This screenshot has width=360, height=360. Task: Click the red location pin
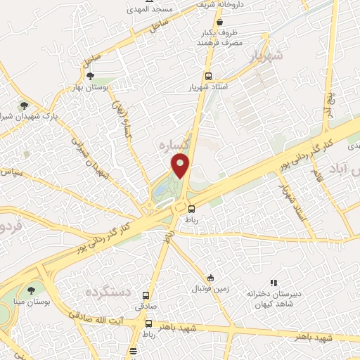(181, 166)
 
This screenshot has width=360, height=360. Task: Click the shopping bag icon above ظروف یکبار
(220, 22)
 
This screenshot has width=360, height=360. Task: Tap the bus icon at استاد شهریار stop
(207, 77)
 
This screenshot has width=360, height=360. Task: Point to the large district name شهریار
(266, 56)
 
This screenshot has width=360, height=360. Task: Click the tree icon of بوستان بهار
(89, 75)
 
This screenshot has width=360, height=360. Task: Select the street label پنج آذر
(326, 102)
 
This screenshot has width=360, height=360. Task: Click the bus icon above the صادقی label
(146, 296)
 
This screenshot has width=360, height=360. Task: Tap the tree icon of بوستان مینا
(31, 290)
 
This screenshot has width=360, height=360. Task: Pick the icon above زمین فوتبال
(210, 278)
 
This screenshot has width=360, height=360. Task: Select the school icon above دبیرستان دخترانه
(274, 283)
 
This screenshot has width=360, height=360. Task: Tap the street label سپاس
(13, 172)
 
